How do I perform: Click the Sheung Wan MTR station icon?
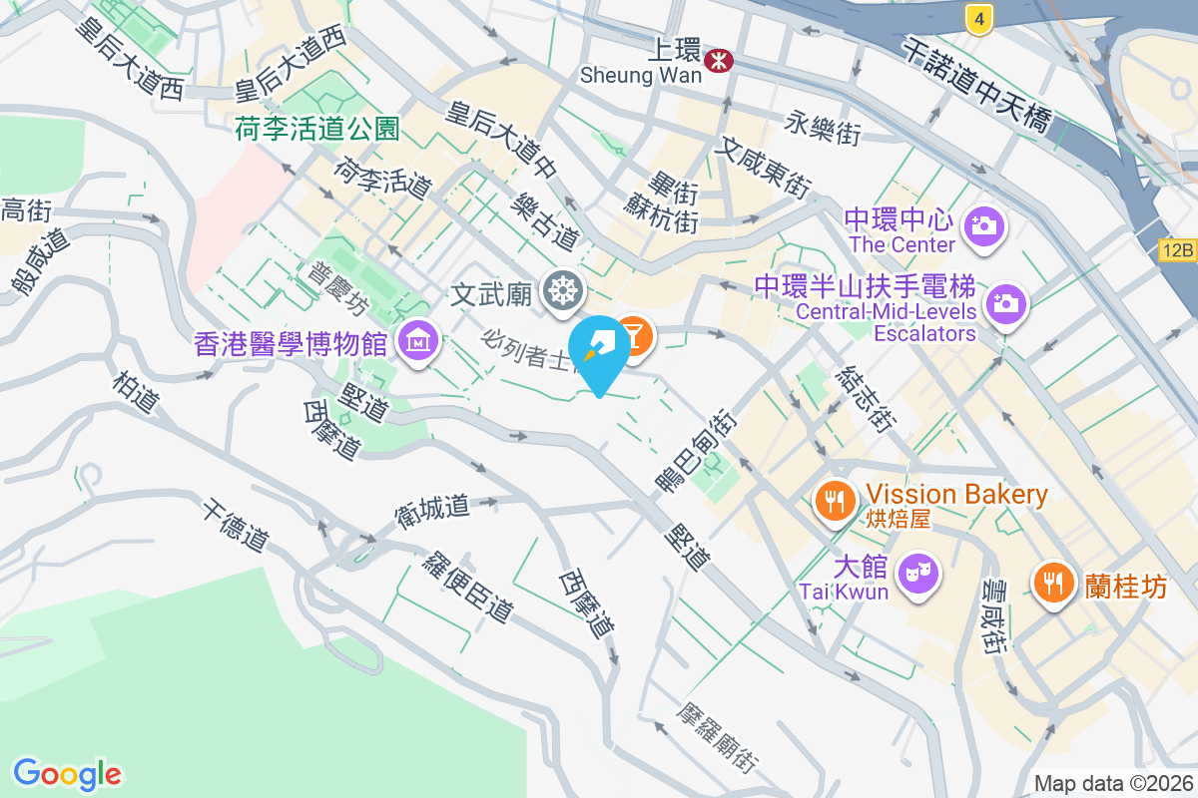(x=718, y=61)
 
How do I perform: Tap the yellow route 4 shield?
(x=980, y=17)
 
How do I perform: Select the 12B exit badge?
(x=1178, y=250)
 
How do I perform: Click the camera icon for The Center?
(x=984, y=225)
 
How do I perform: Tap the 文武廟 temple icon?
(x=562, y=291)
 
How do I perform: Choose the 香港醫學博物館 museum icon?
(x=418, y=342)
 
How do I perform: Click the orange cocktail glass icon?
(x=632, y=336)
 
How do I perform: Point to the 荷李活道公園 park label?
(x=317, y=129)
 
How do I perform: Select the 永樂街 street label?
(x=822, y=128)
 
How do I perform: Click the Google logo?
(x=67, y=774)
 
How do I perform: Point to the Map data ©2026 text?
(x=1113, y=784)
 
